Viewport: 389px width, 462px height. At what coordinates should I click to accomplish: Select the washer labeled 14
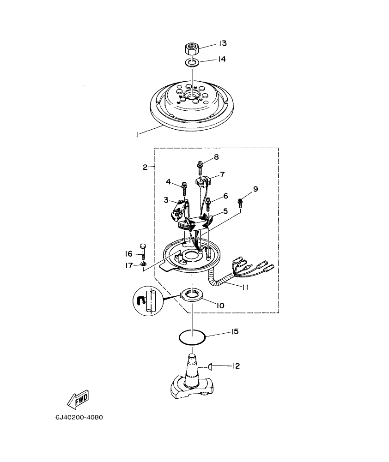coord(192,62)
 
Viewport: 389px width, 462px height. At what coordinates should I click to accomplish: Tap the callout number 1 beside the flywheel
coord(137,134)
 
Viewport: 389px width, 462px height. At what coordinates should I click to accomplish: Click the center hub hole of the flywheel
coord(190,96)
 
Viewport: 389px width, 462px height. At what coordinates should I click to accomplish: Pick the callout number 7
coord(222,174)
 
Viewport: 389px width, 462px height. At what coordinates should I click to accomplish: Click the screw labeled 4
coord(184,188)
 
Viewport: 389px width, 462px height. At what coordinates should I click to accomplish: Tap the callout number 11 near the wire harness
coord(245,287)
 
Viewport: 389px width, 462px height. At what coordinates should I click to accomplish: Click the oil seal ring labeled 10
coord(191,294)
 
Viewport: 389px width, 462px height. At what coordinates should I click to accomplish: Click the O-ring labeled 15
coord(192,337)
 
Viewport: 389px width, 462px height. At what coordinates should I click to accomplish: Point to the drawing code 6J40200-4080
coord(79,418)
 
